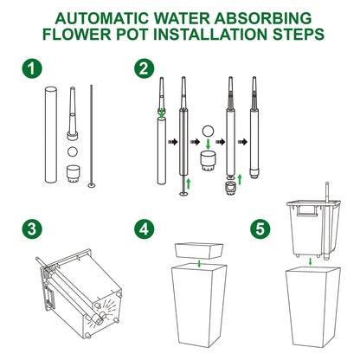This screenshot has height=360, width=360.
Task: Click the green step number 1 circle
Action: pos(32,68)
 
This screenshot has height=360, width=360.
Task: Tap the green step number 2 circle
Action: pos(145,68)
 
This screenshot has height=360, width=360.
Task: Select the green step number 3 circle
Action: pos(32,228)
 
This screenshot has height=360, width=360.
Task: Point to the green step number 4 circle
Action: pos(145,228)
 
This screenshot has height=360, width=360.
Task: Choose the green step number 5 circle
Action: pos(260,228)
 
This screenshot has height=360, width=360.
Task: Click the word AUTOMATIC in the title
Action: pos(101,18)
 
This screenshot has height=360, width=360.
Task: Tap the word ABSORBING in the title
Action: pos(263,18)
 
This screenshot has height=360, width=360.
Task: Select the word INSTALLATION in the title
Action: pos(210,34)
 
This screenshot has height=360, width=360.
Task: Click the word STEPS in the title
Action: pos(299,34)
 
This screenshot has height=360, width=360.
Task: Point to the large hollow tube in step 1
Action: pos(51,135)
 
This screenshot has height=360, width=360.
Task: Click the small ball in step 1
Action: pos(73,151)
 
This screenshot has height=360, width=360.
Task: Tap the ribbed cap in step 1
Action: pos(73,174)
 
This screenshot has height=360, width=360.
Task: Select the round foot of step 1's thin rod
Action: pos(93,185)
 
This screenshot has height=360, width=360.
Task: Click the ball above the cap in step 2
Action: pos(208,131)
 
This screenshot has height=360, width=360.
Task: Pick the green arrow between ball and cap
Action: pos(208,145)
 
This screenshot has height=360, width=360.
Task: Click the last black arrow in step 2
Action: pos(242,142)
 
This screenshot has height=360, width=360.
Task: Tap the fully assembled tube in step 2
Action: pos(254,127)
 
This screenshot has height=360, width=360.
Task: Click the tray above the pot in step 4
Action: pos(199,250)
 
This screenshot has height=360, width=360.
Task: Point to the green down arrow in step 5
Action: pos(310,261)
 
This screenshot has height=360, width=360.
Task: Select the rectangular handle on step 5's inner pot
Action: pos(308,210)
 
